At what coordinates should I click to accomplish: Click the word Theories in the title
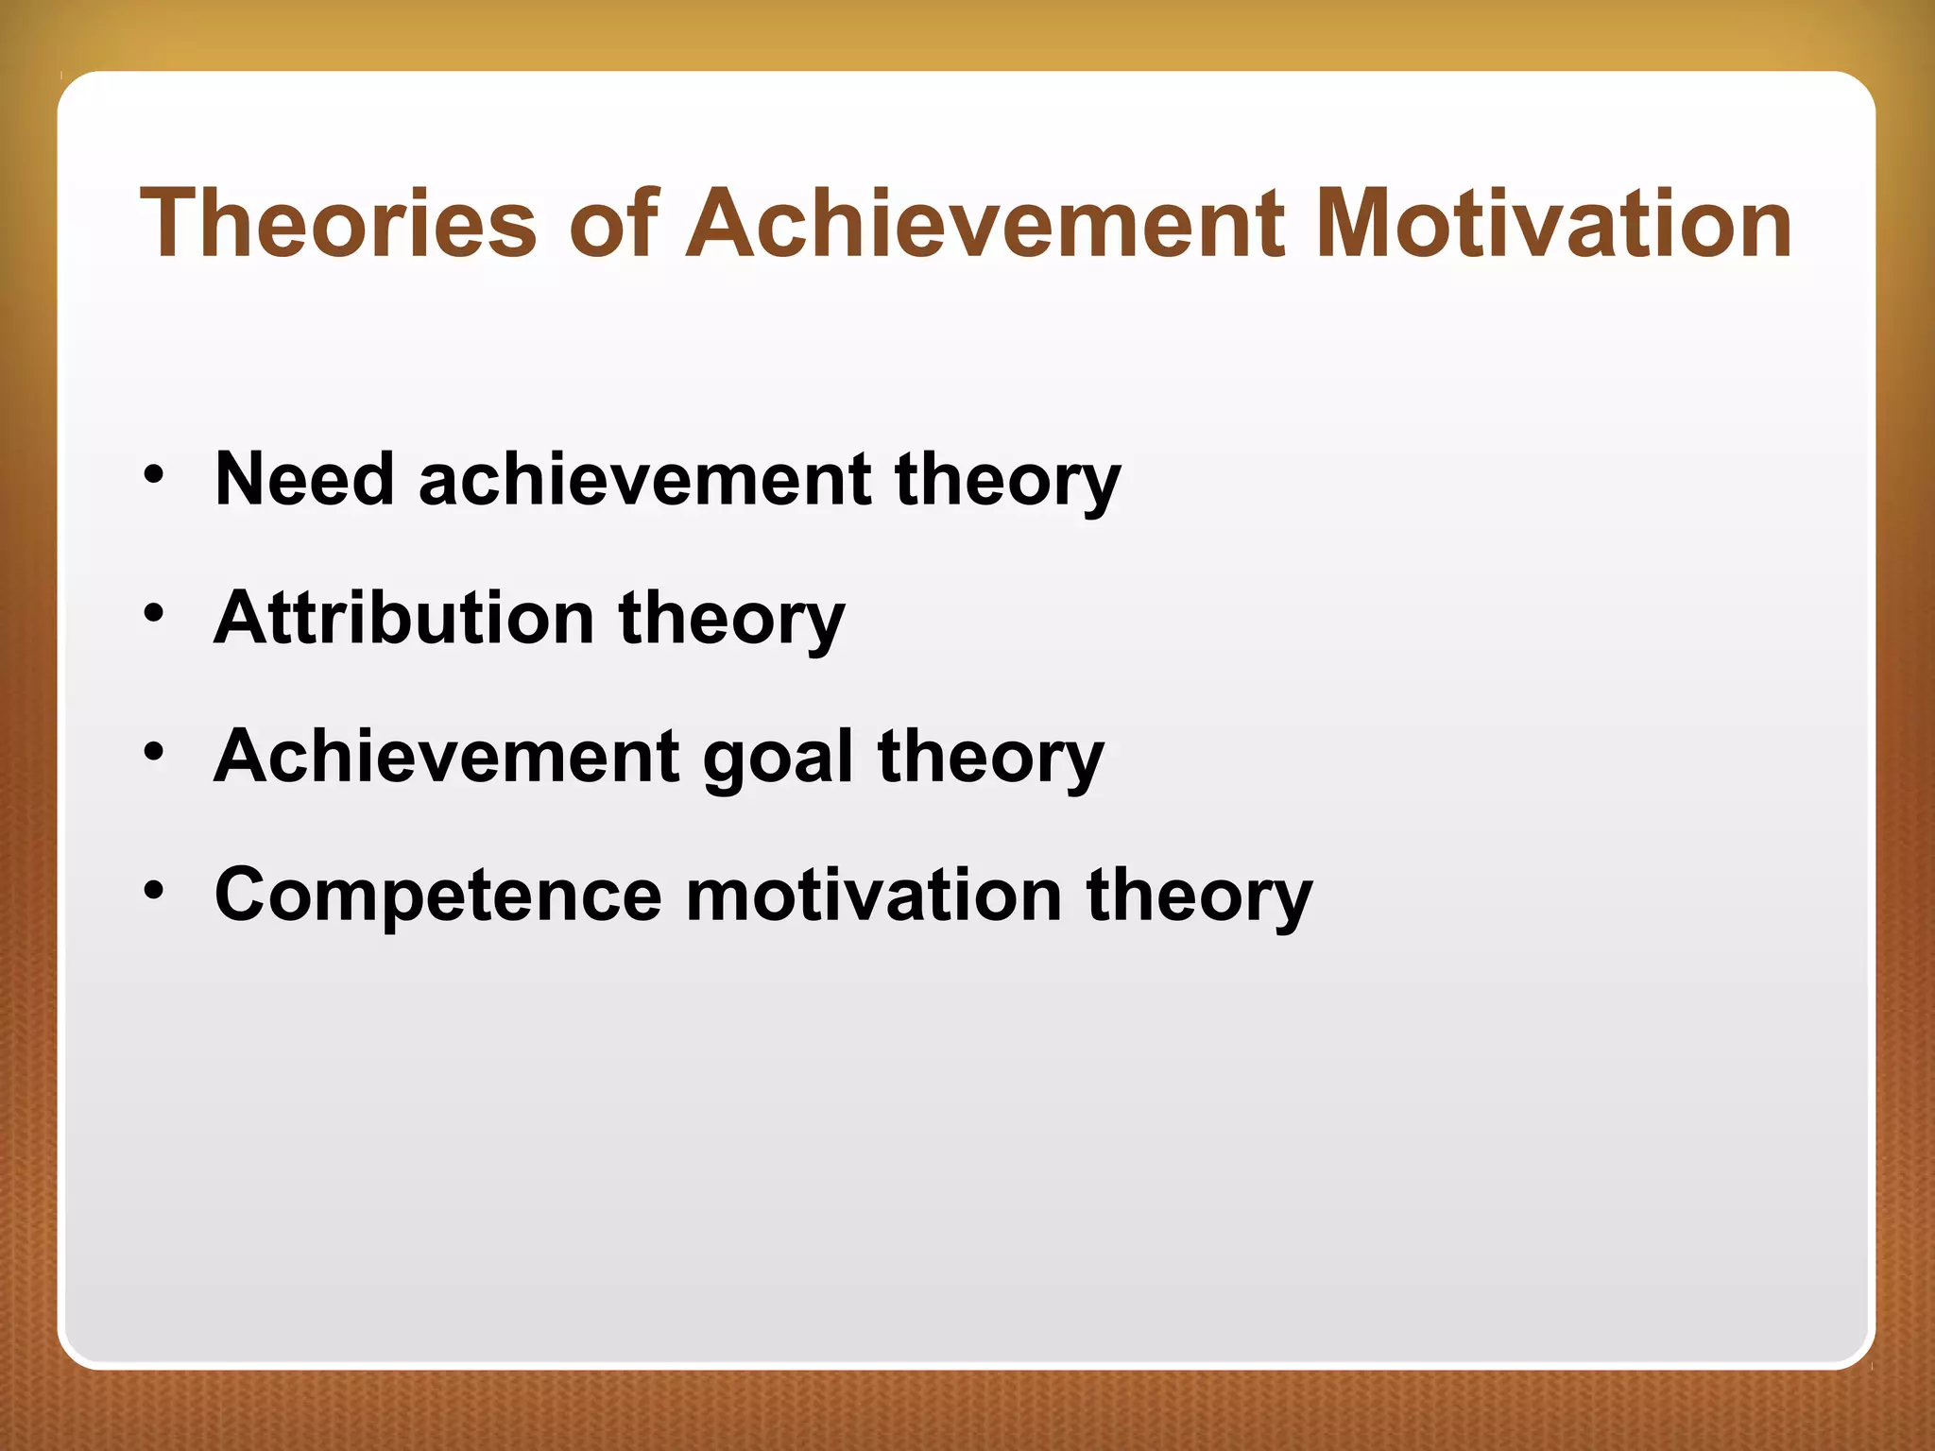click(x=338, y=223)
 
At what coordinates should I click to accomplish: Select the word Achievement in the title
click(x=984, y=223)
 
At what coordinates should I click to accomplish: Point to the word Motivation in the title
click(x=1552, y=223)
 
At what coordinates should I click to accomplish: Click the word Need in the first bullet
click(x=303, y=479)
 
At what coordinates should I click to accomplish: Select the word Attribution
click(x=404, y=618)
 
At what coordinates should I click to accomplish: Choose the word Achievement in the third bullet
click(x=447, y=757)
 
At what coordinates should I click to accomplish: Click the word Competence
click(x=438, y=896)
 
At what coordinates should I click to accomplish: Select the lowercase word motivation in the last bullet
click(x=874, y=896)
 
